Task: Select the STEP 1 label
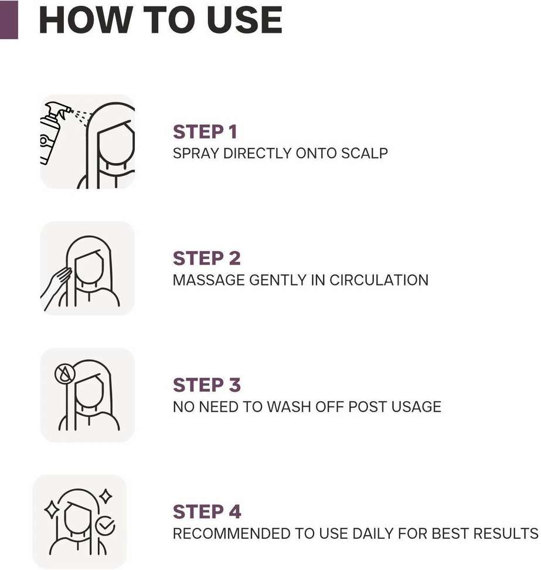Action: coord(205,132)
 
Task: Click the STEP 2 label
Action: coord(206,259)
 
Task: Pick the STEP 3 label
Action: coord(206,385)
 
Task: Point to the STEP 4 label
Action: coord(207,512)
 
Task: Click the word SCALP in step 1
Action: coord(366,153)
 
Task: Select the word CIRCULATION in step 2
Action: coord(379,280)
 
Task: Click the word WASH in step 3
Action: coord(287,407)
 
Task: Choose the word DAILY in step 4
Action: coord(374,534)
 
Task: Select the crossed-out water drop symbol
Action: coord(63,374)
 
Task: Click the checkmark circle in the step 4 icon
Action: coord(106,526)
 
